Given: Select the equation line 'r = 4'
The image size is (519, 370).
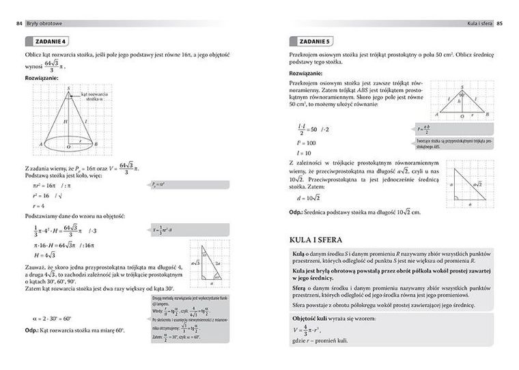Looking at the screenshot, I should (x=40, y=205).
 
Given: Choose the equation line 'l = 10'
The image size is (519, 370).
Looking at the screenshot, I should (x=304, y=154).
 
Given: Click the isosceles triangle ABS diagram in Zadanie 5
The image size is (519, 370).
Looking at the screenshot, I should (x=462, y=102).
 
